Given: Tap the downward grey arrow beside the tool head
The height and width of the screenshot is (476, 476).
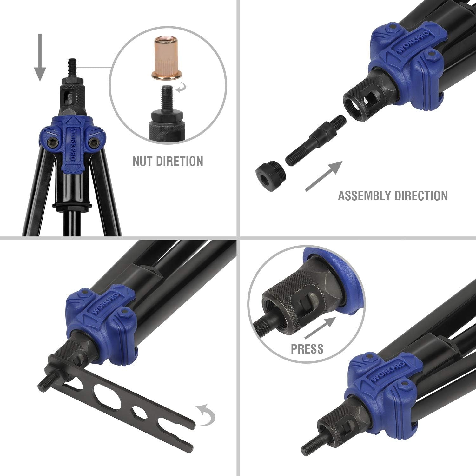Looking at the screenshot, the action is click(40, 57).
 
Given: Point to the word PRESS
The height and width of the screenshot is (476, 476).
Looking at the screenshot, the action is click(307, 349).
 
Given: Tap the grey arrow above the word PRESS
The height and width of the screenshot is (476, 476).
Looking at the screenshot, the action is click(320, 328).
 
